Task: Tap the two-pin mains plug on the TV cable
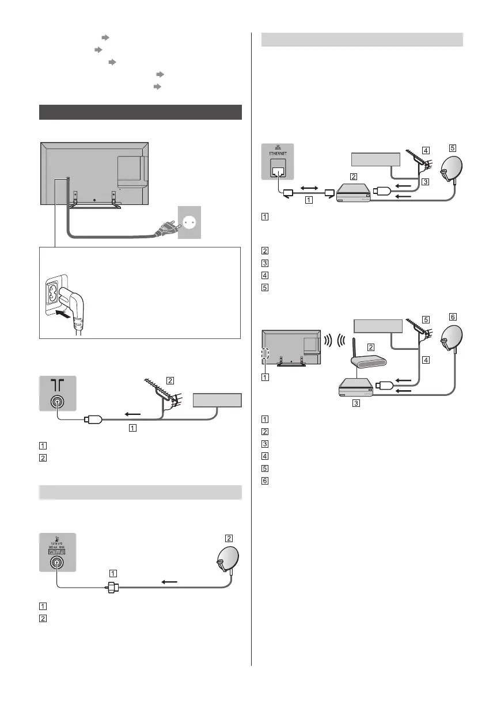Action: [166, 231]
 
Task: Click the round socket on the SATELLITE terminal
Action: [57, 565]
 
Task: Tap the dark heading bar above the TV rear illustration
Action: [140, 112]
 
